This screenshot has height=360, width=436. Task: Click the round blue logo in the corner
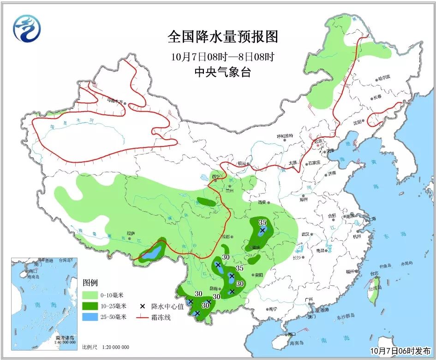[27, 29]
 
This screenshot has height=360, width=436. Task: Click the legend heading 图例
[90, 282]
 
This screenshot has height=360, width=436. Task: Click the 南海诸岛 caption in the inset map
[65, 338]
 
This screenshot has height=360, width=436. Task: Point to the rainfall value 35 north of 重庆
[263, 223]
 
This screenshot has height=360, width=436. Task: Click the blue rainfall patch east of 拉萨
[154, 252]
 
